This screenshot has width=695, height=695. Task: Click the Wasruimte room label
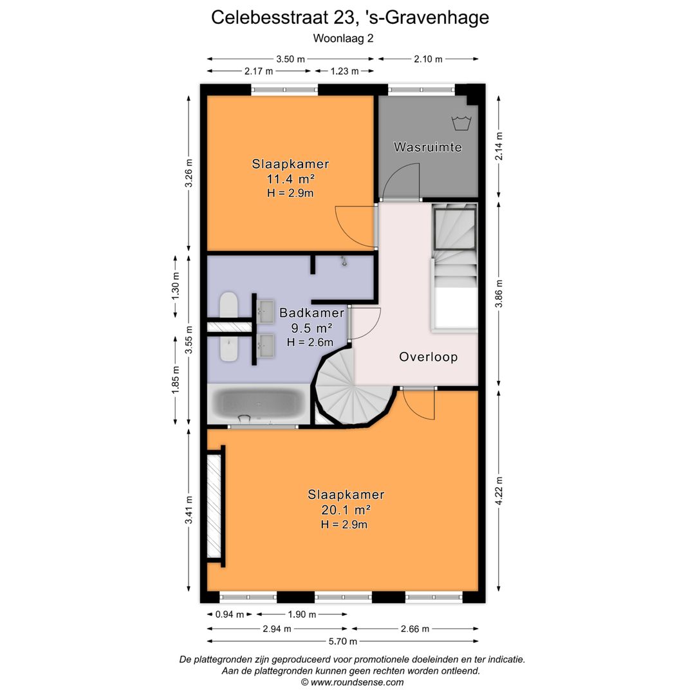tap(427, 147)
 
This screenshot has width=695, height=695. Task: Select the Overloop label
tap(428, 357)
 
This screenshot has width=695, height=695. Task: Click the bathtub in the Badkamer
tap(259, 404)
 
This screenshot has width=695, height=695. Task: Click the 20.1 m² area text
tap(346, 510)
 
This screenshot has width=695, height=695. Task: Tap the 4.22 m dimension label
tap(499, 490)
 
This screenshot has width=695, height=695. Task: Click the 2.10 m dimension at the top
tap(427, 59)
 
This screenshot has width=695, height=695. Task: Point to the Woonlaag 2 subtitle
tap(343, 38)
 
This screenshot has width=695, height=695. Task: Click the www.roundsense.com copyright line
tap(352, 682)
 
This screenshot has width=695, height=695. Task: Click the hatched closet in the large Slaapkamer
tap(214, 506)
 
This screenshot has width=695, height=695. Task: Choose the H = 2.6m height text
tap(310, 342)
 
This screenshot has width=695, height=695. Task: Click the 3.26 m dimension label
tap(189, 173)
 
